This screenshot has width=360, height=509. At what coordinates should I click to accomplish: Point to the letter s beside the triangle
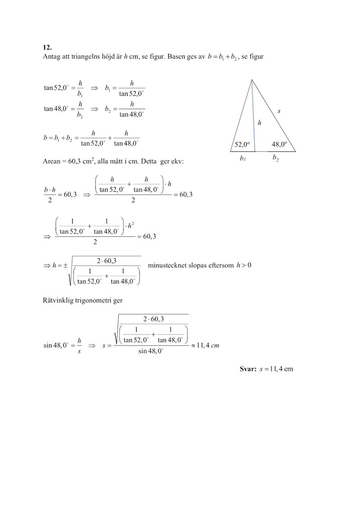click(279, 111)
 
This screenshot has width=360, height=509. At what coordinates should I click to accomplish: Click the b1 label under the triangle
click(243, 159)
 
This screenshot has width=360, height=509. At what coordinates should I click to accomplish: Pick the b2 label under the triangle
click(275, 158)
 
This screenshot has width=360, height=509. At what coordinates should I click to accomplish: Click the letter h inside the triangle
click(260, 122)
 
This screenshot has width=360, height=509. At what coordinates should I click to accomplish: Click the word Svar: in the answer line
click(248, 369)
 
